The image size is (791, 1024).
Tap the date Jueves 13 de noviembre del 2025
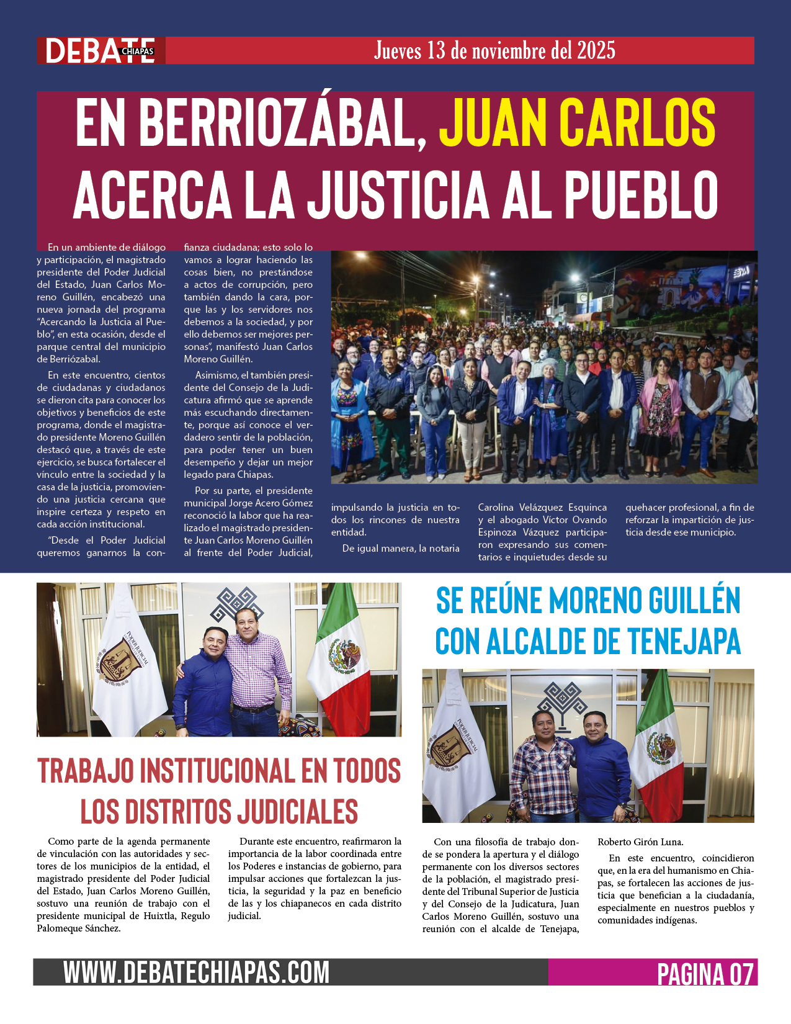click(494, 50)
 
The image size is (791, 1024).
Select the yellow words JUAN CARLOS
click(577, 122)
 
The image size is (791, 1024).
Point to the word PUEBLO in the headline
click(640, 193)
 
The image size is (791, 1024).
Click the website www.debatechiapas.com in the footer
click(196, 972)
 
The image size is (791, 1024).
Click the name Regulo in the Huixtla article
click(195, 916)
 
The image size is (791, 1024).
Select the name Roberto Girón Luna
click(640, 842)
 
